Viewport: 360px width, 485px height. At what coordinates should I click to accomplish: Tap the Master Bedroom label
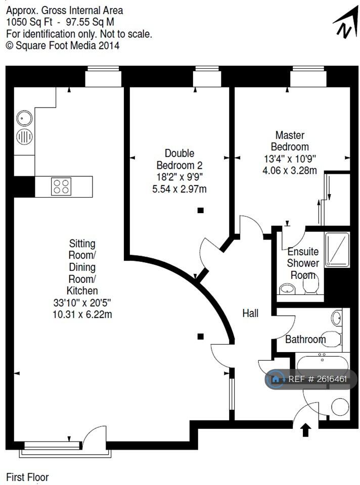[290, 141]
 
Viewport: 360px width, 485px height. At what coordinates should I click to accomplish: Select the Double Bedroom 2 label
[179, 159]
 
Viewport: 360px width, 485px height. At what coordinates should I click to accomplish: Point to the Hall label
[250, 313]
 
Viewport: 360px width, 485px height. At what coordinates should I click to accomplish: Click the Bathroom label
[305, 339]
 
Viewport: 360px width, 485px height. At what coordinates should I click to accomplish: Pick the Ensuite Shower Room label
[303, 263]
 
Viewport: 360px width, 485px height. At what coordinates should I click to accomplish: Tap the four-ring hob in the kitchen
[61, 186]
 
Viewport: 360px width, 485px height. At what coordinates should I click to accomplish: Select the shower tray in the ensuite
[337, 248]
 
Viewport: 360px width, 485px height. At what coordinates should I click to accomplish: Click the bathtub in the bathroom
[321, 365]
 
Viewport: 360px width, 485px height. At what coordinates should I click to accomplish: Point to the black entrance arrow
[305, 430]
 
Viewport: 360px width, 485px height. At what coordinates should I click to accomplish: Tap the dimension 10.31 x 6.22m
[82, 315]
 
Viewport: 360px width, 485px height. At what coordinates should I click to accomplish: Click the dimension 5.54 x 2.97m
[179, 189]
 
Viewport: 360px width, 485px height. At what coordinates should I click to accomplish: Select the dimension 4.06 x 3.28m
[290, 170]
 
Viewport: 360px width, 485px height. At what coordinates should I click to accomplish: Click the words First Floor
[27, 476]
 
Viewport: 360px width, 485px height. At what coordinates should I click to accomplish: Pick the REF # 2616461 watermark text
[318, 379]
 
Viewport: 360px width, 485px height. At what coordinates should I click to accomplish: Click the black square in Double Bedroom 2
[201, 211]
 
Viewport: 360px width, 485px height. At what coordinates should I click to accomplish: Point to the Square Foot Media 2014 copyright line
[63, 45]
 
